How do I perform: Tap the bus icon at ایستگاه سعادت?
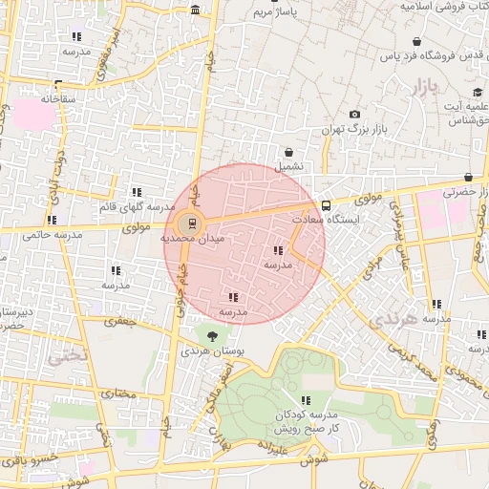tap(326, 204)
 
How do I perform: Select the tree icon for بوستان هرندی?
tap(212, 335)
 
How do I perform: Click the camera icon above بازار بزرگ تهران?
tap(355, 114)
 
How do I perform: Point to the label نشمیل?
tap(289, 166)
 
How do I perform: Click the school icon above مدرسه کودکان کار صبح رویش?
tap(306, 400)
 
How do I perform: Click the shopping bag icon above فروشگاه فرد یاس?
tap(417, 42)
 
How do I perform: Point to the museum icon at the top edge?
tap(195, 10)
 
